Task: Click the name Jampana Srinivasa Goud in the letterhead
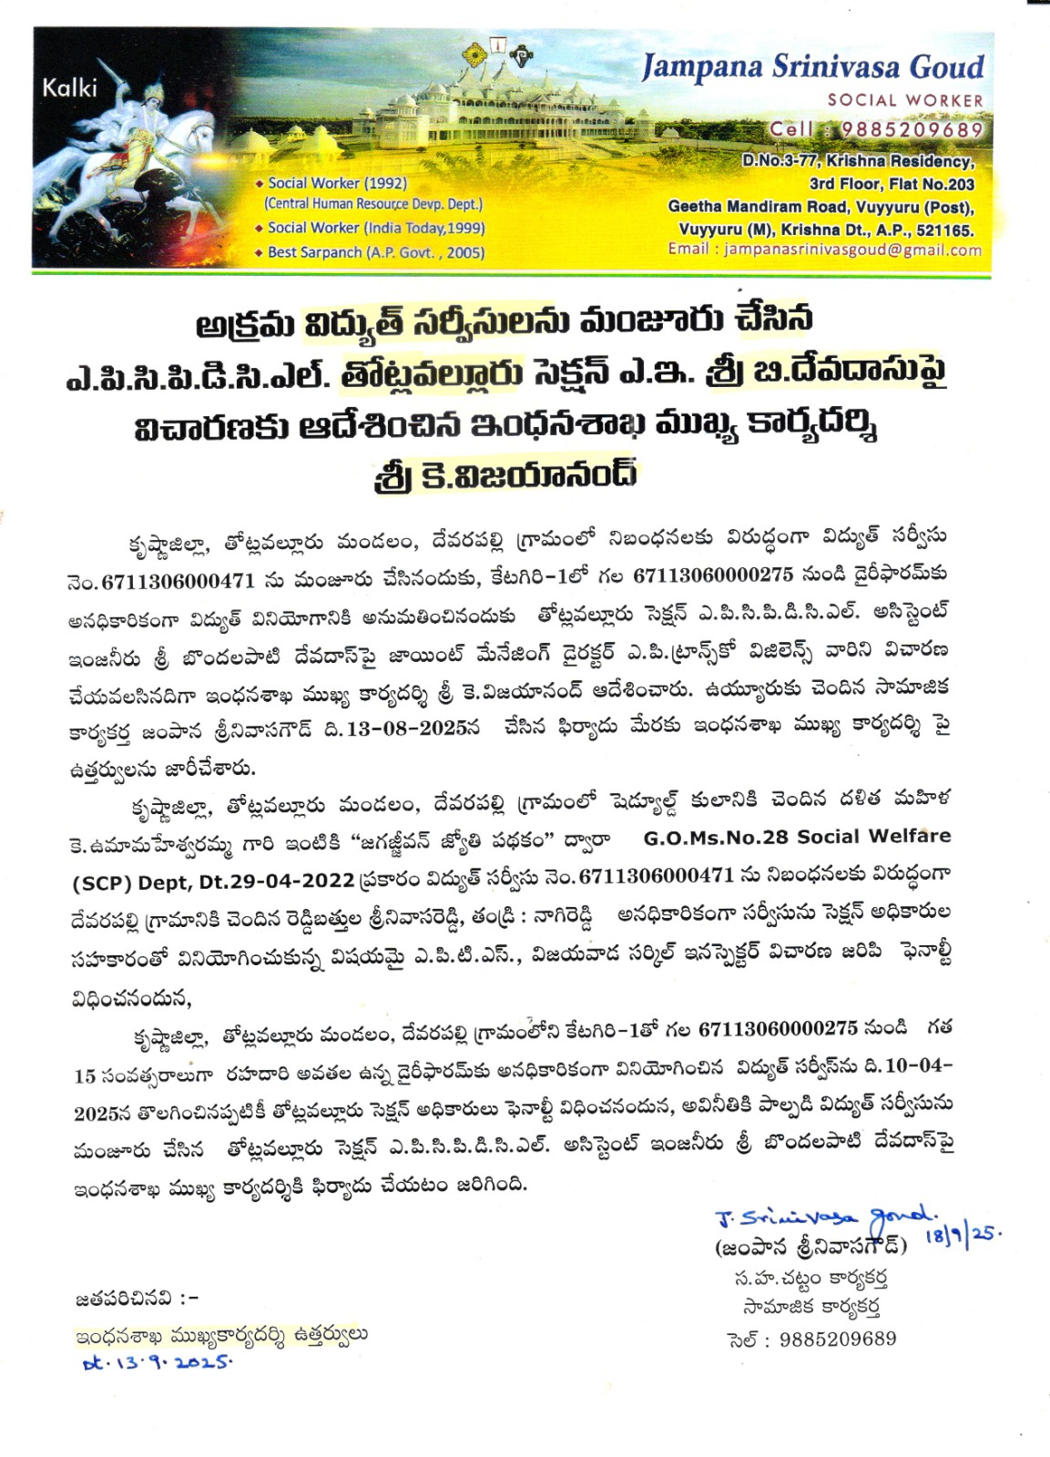point(812,66)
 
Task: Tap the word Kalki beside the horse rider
point(69,87)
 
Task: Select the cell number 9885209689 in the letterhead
point(911,129)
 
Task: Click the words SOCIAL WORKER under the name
point(904,100)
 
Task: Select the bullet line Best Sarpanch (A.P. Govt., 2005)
point(375,252)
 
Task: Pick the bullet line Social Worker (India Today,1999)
point(375,228)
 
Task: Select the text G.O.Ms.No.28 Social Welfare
point(797,836)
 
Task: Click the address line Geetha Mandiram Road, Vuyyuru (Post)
point(821,206)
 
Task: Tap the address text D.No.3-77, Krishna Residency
point(857,161)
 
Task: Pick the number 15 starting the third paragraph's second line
point(85,1075)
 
